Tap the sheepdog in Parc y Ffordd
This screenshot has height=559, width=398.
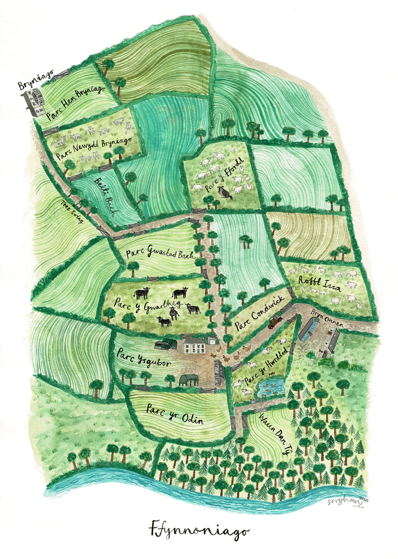[x=225, y=193]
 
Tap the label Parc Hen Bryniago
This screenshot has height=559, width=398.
[x=76, y=102]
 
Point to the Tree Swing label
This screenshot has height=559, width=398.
[x=72, y=211]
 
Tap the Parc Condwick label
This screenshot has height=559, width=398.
[x=259, y=313]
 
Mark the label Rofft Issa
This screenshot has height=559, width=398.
[x=320, y=283]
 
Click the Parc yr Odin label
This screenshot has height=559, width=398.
[x=175, y=414]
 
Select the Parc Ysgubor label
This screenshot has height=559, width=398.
[x=144, y=357]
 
